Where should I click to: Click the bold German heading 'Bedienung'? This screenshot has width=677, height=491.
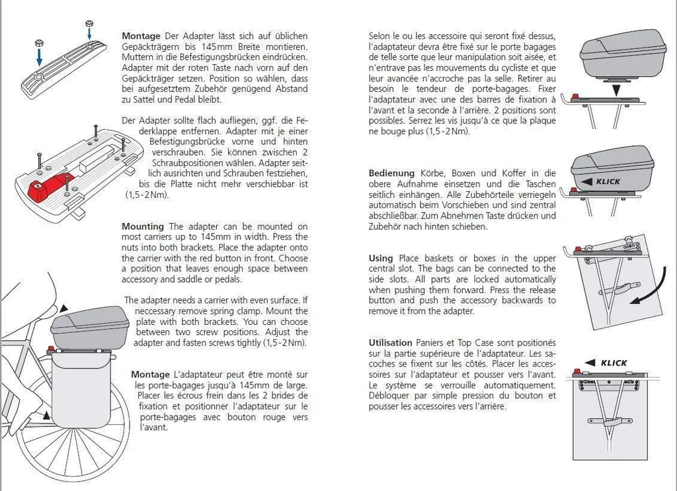coord(391,173)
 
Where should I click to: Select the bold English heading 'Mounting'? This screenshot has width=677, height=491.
coord(143,226)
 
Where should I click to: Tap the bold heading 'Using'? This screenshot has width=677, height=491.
coord(380,259)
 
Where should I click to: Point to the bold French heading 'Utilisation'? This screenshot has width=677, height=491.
coord(390,343)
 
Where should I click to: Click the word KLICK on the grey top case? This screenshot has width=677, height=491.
coord(608,181)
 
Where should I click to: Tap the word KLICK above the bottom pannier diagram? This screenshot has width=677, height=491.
coord(614,363)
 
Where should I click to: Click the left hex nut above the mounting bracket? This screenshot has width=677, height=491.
coord(38,43)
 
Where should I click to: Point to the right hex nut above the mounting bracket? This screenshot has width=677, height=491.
coord(89,24)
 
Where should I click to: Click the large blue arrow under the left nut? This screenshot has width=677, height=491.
coord(39,57)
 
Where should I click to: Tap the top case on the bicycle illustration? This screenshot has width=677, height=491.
coord(90,327)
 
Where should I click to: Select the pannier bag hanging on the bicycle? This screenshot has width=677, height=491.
coord(81,388)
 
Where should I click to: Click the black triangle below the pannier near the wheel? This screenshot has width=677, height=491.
coord(46,416)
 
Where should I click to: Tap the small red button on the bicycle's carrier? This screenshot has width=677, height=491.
coord(51,349)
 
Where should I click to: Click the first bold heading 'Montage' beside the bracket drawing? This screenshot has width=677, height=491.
coord(141,36)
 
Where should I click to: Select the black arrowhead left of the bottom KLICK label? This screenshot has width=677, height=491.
coord(590,363)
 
